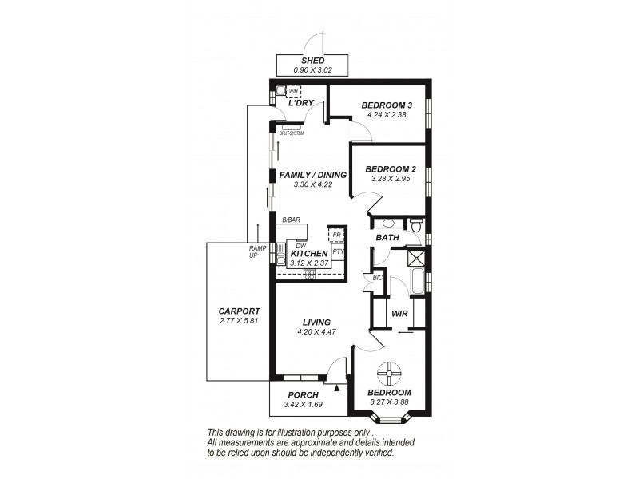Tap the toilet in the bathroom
click(417, 228)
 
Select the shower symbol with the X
click(415, 256)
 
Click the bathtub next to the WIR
click(417, 283)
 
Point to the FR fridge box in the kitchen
click(336, 235)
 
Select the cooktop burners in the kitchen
click(308, 272)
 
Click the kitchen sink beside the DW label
click(282, 255)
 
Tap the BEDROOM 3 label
click(387, 105)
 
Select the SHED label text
click(312, 61)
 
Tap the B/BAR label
click(291, 220)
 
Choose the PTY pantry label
click(338, 251)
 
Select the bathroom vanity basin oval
click(389, 224)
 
